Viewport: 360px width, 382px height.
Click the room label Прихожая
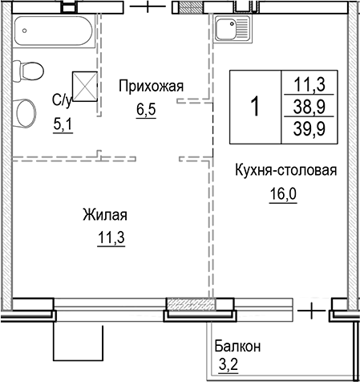[x=152, y=85]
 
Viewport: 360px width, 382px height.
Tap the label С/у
[x=62, y=100]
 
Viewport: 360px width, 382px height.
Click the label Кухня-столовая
[x=285, y=171]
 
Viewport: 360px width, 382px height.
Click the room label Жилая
[x=104, y=215]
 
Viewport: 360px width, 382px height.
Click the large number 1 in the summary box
[x=255, y=106]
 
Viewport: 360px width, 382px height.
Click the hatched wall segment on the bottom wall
[x=190, y=306]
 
